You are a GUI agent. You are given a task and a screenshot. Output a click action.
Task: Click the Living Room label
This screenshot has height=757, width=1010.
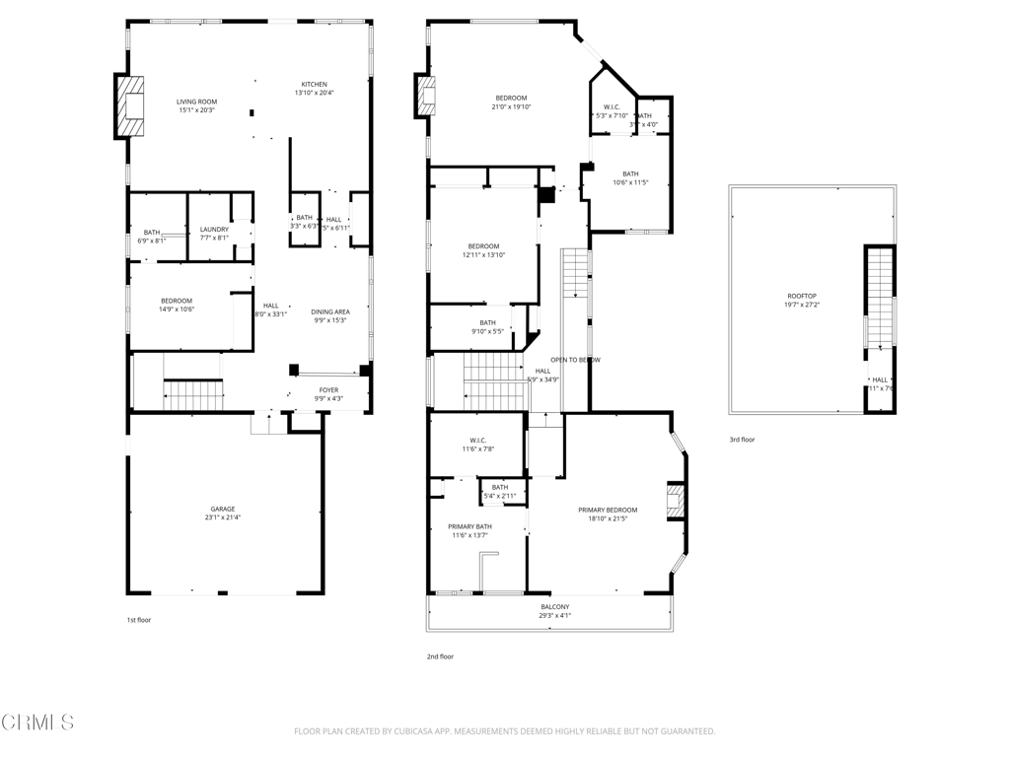196,102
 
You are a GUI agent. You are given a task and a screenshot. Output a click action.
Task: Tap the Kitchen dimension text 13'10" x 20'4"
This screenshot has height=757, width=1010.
314,93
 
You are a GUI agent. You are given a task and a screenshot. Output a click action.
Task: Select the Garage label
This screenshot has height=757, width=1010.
222,509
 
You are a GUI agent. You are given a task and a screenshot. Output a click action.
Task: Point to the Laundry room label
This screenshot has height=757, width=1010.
214,230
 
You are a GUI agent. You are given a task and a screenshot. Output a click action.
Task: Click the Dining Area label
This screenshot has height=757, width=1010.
330,311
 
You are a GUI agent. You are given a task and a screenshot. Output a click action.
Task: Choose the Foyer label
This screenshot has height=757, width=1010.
328,390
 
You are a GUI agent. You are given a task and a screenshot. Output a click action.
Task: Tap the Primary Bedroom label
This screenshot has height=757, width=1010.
608,510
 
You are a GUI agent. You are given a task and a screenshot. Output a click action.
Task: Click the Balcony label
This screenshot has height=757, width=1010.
554,606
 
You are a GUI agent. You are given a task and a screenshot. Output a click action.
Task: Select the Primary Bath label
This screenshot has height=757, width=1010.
469,526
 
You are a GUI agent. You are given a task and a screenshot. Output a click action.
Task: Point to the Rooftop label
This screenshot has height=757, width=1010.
801,296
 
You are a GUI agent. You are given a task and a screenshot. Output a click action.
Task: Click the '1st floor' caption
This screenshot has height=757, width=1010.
138,620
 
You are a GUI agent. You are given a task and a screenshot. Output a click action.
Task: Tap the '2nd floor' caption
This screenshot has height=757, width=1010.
440,655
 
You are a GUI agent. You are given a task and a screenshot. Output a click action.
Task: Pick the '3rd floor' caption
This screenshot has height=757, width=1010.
742,440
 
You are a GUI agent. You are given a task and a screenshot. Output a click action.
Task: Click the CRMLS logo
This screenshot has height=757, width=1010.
36,723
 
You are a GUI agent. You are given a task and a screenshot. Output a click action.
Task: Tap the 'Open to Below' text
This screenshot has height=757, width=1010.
575,360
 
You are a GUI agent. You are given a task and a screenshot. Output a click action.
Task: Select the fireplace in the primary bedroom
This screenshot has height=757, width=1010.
676,501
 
